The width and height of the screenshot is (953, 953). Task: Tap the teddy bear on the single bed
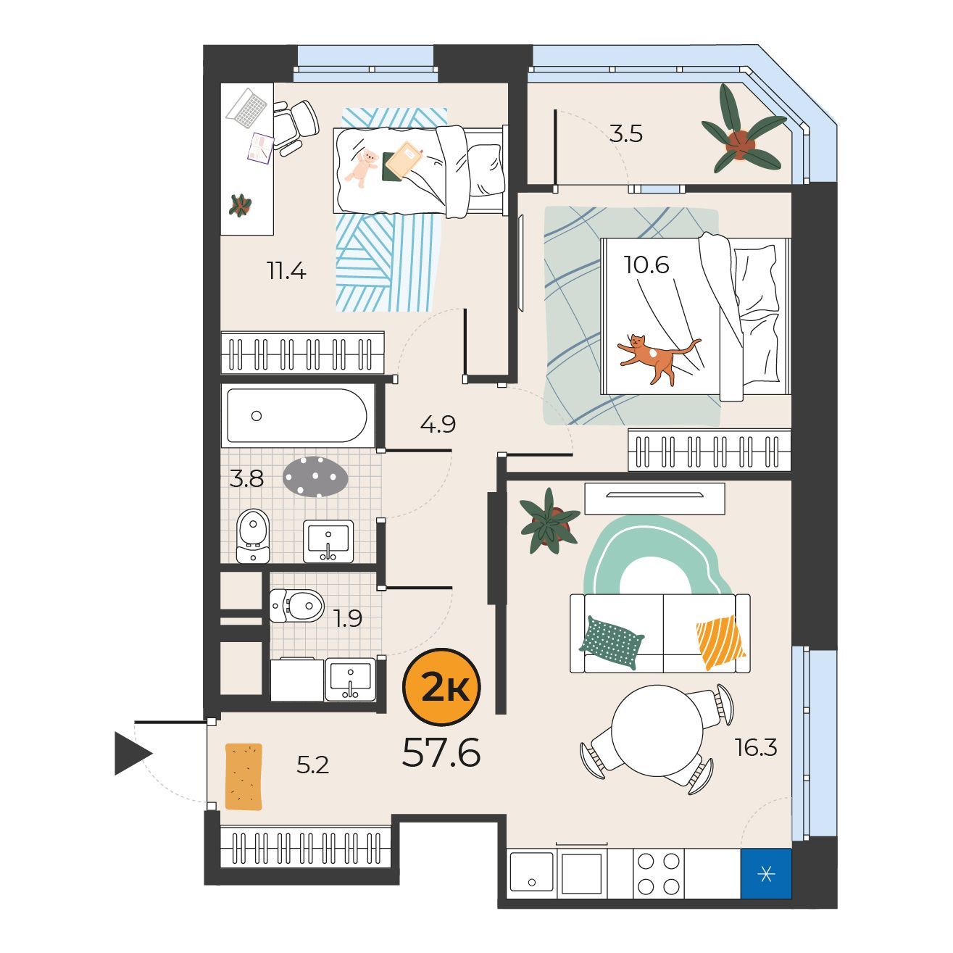(x=362, y=169)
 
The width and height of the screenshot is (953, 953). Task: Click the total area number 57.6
(x=441, y=752)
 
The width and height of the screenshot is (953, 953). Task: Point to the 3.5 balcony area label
(x=625, y=134)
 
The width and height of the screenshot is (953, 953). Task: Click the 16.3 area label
(x=756, y=747)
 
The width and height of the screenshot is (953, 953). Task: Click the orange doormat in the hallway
(x=244, y=777)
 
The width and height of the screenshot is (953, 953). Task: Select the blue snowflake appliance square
(x=766, y=874)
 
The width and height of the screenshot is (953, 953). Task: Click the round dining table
(x=657, y=731)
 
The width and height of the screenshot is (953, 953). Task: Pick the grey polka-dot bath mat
(x=315, y=477)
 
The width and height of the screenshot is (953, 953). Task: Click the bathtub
(x=296, y=415)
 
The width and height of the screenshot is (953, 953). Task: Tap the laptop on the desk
(x=248, y=108)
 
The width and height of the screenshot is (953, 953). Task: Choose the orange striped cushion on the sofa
(x=720, y=641)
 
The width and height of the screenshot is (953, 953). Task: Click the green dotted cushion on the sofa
(x=611, y=642)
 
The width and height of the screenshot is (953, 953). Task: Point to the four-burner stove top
(x=658, y=874)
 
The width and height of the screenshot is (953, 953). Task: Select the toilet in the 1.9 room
(x=296, y=605)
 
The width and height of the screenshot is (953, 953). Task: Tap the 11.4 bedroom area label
(x=286, y=270)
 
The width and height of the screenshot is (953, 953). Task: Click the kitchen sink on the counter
(x=532, y=874)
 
